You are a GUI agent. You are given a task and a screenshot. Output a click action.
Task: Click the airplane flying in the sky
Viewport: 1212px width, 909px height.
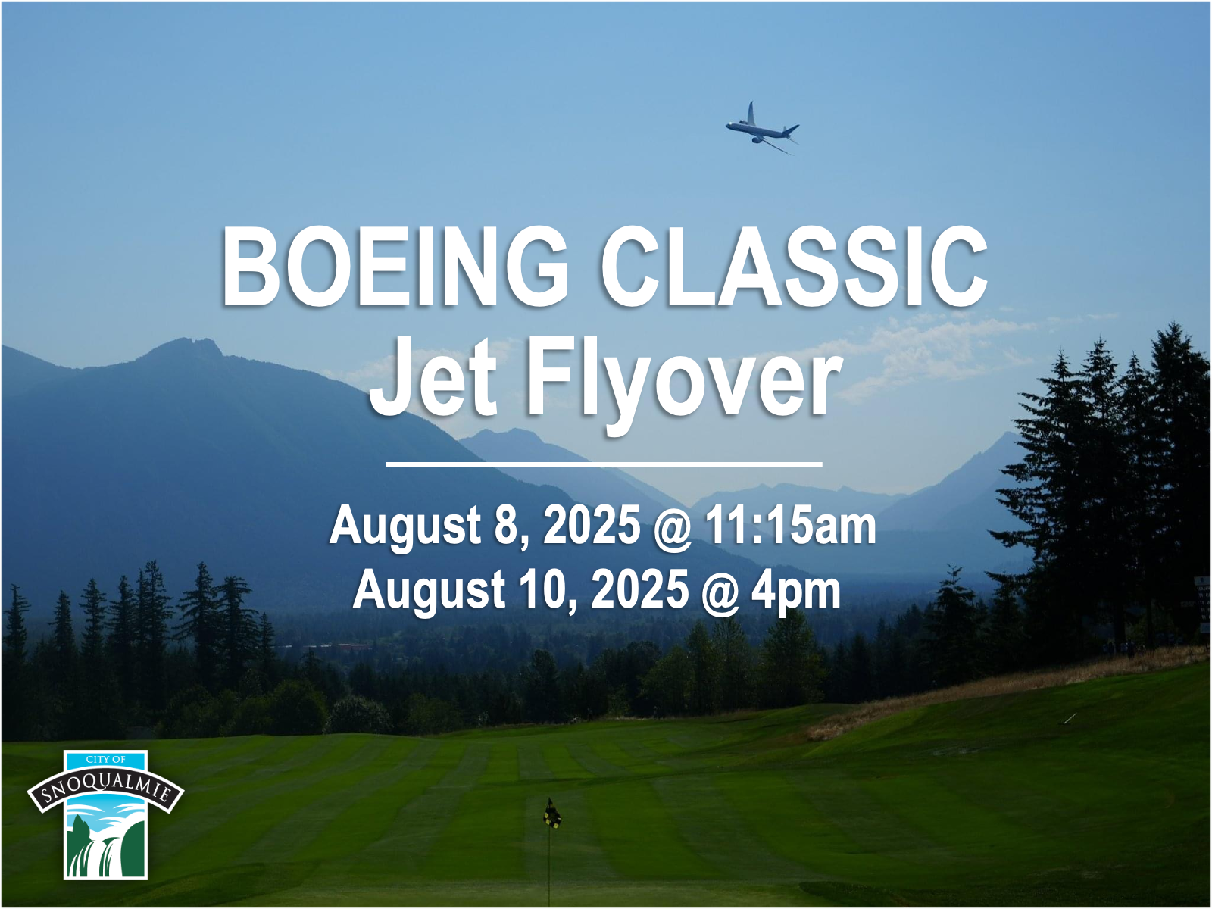tap(762, 129)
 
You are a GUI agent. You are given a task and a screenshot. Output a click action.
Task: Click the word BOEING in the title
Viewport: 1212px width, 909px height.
tap(395, 266)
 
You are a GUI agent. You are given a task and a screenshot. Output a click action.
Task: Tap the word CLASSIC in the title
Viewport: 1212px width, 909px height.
tap(794, 266)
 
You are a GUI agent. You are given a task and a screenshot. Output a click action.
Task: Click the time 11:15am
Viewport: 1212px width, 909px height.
tap(790, 525)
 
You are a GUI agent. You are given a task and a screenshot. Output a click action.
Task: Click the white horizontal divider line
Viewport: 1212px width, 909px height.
tap(604, 464)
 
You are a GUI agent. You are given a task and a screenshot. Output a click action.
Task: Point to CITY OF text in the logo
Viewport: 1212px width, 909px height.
tap(105, 760)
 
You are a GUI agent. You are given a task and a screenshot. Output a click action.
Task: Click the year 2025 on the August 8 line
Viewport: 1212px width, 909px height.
tap(592, 525)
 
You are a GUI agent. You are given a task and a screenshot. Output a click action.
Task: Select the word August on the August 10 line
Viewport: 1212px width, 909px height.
tap(429, 592)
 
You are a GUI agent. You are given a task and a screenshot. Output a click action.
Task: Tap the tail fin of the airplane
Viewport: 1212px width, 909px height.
tap(751, 113)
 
